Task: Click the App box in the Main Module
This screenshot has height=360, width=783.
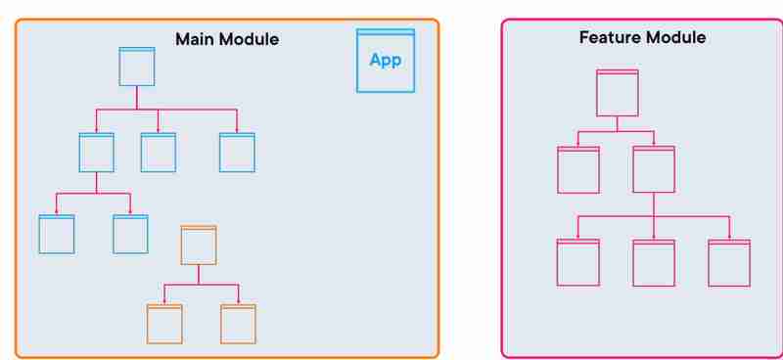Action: click(385, 61)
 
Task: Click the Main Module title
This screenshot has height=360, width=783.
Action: click(227, 40)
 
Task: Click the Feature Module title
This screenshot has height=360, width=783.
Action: click(642, 38)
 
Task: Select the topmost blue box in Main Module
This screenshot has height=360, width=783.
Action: click(137, 67)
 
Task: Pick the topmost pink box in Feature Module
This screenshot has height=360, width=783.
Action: click(618, 93)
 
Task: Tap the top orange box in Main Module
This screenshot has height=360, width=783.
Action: click(199, 245)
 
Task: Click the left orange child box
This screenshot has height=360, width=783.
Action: click(164, 324)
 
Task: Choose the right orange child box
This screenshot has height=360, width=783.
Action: click(238, 324)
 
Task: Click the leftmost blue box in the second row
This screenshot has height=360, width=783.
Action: click(96, 153)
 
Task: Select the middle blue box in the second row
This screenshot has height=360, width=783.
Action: click(158, 153)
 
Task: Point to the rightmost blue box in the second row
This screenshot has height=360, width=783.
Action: click(237, 153)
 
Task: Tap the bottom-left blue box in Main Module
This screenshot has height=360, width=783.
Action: click(57, 234)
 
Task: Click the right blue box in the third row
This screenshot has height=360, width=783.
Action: click(130, 234)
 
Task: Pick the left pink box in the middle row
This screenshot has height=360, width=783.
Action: click(577, 170)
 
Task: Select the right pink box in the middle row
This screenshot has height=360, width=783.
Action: click(653, 170)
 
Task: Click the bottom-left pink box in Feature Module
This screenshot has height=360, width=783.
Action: click(577, 262)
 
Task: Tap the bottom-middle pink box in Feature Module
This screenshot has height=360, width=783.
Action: click(653, 262)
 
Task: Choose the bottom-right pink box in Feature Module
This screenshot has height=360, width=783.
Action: click(729, 262)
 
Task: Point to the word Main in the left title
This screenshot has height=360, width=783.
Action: click(195, 40)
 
